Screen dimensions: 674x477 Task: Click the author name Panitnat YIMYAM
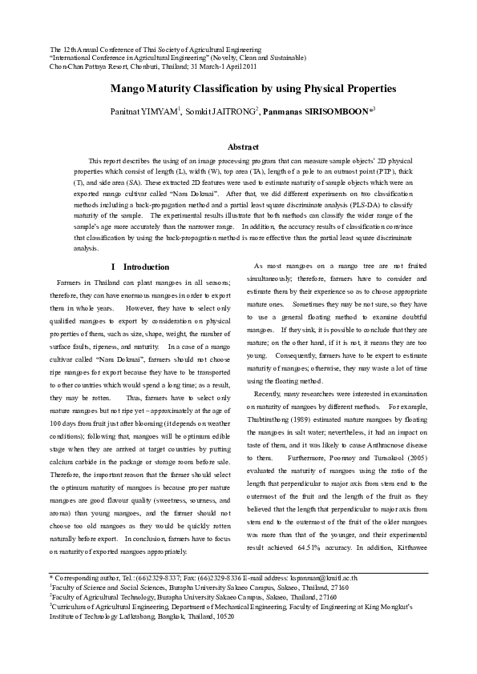(x=144, y=110)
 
